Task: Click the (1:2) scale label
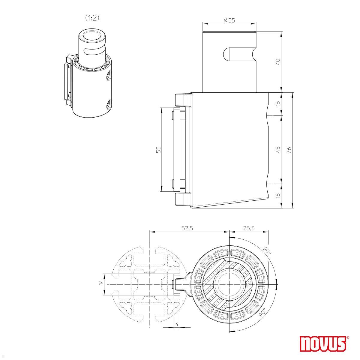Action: click(x=92, y=18)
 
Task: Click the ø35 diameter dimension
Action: click(x=229, y=20)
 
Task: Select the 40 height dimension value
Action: click(x=278, y=62)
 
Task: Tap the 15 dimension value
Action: click(x=278, y=103)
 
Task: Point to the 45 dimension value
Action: click(x=278, y=149)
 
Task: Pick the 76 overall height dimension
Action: click(x=289, y=150)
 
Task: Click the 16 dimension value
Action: click(x=278, y=195)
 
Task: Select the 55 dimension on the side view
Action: click(x=159, y=149)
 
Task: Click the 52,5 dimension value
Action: click(x=187, y=228)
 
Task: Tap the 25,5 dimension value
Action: click(x=248, y=228)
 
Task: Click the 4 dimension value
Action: click(x=177, y=324)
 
